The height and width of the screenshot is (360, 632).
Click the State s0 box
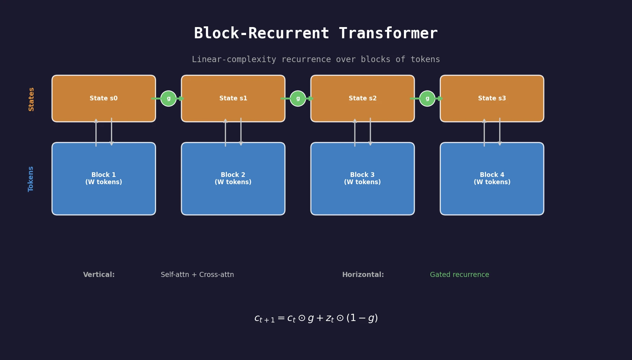click(104, 98)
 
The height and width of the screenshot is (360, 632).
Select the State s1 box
click(233, 98)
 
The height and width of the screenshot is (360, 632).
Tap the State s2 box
click(362, 98)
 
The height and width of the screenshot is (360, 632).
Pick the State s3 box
click(492, 98)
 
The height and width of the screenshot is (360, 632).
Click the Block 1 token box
click(104, 178)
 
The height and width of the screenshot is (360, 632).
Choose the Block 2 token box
click(233, 178)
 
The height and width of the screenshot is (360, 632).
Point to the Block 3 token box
click(362, 178)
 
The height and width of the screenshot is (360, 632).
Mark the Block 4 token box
click(492, 178)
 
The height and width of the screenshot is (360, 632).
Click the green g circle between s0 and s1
click(168, 98)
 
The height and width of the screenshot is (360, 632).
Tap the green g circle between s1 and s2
click(298, 98)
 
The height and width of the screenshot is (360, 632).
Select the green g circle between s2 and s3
click(427, 98)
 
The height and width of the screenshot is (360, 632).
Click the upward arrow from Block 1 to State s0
click(96, 132)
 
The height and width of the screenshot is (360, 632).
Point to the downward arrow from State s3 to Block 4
click(500, 132)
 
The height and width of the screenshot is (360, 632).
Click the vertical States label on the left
click(31, 99)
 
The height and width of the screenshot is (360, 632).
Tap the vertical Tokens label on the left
click(31, 179)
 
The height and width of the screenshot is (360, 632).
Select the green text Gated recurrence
click(459, 274)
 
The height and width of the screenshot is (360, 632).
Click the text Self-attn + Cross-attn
click(197, 274)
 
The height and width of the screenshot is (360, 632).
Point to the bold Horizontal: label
click(363, 274)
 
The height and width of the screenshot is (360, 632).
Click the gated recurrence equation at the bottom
click(316, 318)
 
